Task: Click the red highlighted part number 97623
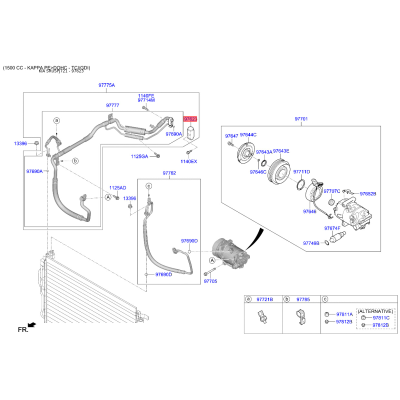[x=190, y=119]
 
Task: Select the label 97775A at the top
[x=106, y=85]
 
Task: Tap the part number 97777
[x=112, y=105]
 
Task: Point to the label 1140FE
[x=146, y=95]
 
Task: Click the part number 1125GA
[x=140, y=156]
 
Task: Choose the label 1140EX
[x=189, y=161]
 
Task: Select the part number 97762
[x=169, y=173]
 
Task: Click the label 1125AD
[x=117, y=188]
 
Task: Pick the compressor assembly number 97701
[x=301, y=119]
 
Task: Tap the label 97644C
[x=248, y=135]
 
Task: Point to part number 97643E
[x=281, y=151]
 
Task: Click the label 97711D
[x=301, y=171]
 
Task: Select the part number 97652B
[x=367, y=193]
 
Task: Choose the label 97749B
[x=311, y=243]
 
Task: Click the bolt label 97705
[x=210, y=281]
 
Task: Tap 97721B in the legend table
[x=264, y=299]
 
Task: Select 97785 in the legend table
[x=303, y=299]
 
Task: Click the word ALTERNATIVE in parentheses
[x=375, y=310]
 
